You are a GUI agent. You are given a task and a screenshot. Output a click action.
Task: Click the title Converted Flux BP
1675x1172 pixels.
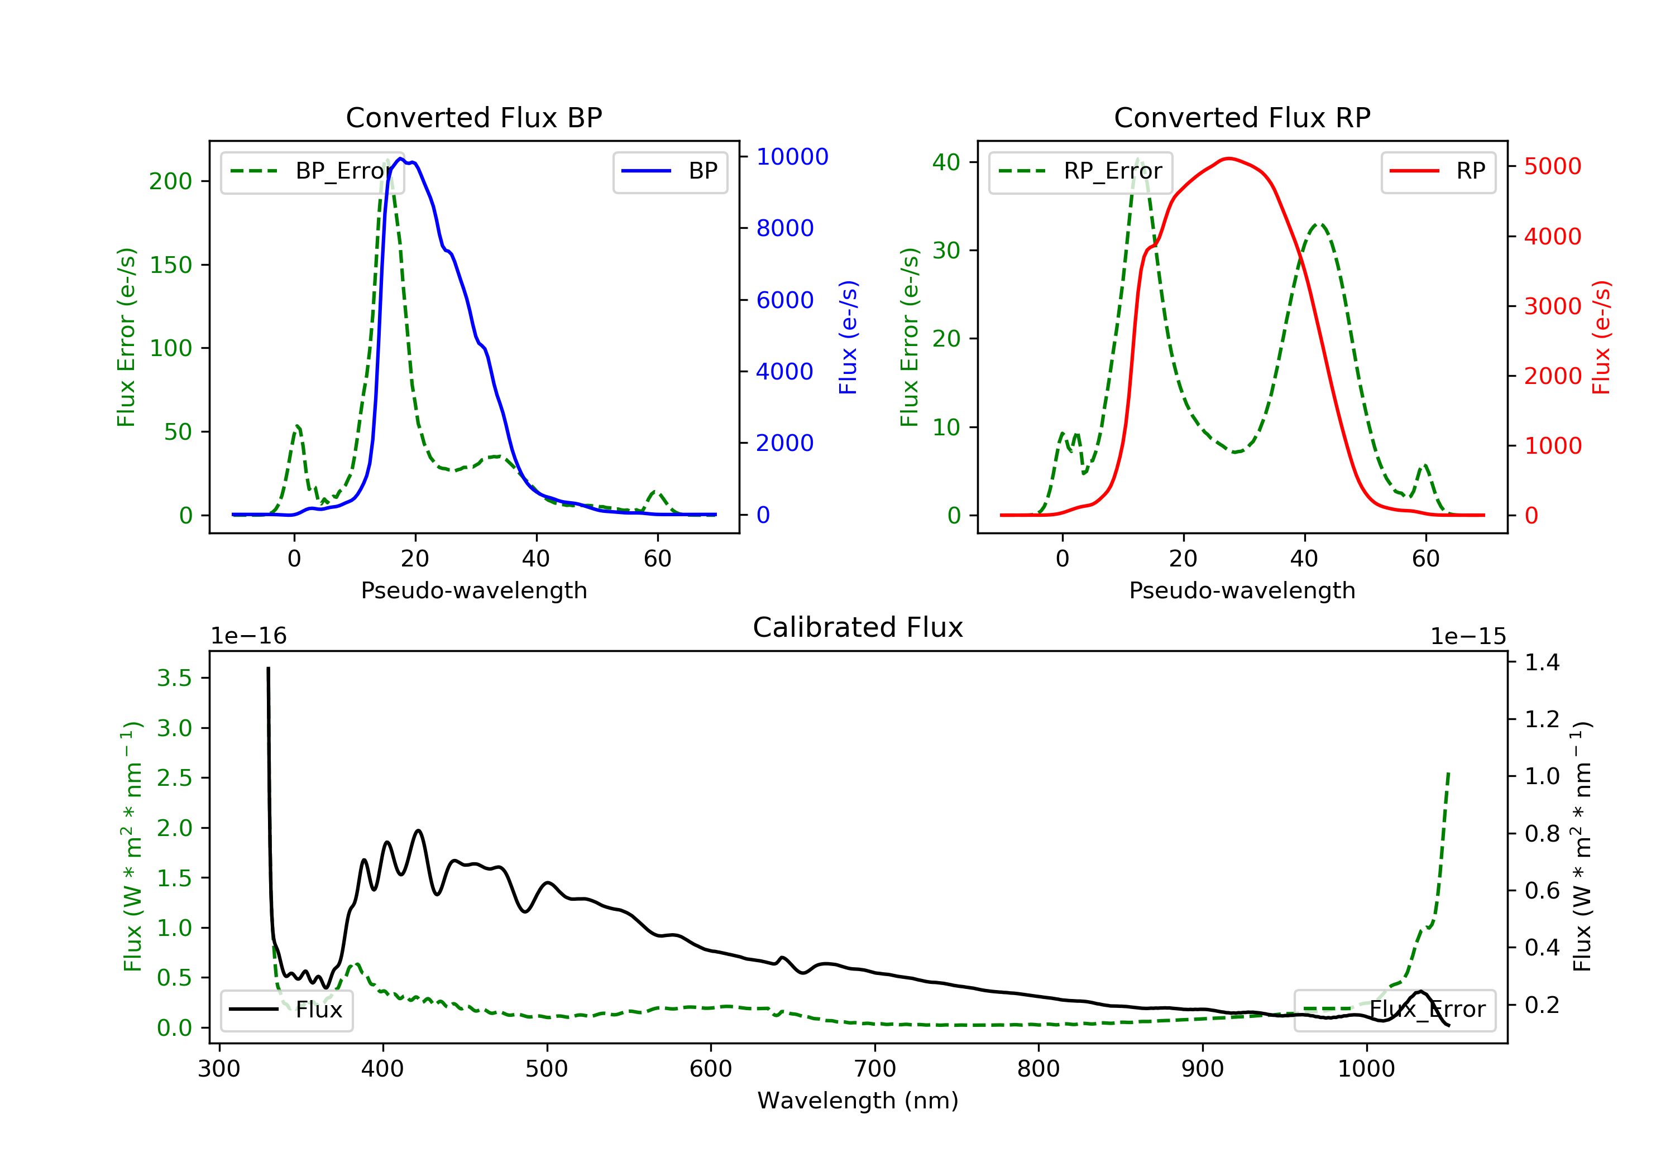473,117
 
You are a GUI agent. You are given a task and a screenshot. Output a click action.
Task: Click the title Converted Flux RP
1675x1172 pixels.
1242,117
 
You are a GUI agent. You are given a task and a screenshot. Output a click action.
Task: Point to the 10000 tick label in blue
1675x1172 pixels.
792,157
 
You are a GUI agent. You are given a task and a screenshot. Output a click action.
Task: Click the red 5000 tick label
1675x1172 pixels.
1552,166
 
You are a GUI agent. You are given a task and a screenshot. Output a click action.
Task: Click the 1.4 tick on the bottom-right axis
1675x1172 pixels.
1542,662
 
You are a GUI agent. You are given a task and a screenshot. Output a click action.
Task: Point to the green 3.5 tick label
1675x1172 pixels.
174,678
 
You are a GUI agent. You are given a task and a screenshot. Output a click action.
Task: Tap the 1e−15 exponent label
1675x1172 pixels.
1468,637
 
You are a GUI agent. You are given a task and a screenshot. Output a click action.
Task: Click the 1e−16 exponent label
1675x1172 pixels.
249,637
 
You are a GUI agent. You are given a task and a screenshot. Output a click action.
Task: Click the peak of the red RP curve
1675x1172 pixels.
1229,158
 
